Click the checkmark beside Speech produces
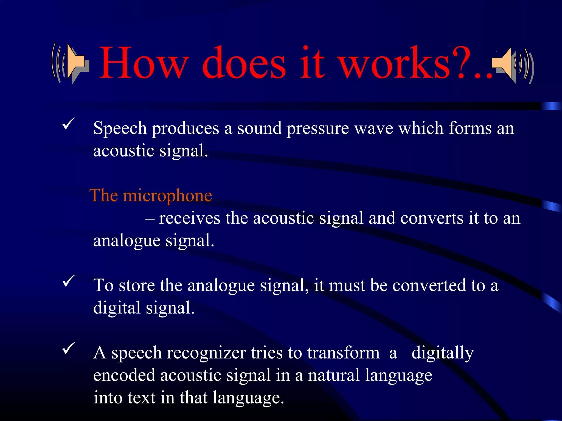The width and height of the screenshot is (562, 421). [x=68, y=124]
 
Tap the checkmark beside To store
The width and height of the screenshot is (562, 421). [x=68, y=281]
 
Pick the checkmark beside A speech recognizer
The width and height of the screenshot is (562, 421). [x=68, y=348]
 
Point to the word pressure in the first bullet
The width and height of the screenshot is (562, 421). [x=317, y=128]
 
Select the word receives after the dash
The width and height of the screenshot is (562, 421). [x=190, y=218]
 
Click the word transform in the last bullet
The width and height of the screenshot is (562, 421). [x=343, y=353]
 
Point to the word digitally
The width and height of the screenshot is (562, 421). [x=442, y=353]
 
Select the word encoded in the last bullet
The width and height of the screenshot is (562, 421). [x=124, y=375]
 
